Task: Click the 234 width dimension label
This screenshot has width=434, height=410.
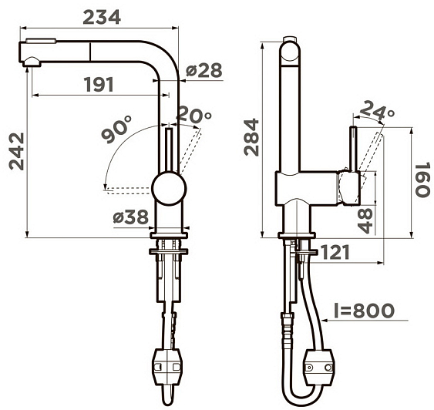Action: point(102,17)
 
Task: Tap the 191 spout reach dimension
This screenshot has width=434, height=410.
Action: point(99,85)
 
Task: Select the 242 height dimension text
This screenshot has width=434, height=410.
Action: point(17,151)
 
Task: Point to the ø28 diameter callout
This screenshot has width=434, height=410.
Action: point(204,70)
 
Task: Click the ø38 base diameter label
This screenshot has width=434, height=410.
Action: point(130,217)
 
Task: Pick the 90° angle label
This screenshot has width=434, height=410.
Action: point(116,129)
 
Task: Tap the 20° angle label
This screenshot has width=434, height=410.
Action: point(193,114)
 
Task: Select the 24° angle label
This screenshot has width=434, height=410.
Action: point(377,111)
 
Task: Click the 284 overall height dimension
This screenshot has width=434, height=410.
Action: point(251,137)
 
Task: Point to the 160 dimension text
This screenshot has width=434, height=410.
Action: point(423,180)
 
